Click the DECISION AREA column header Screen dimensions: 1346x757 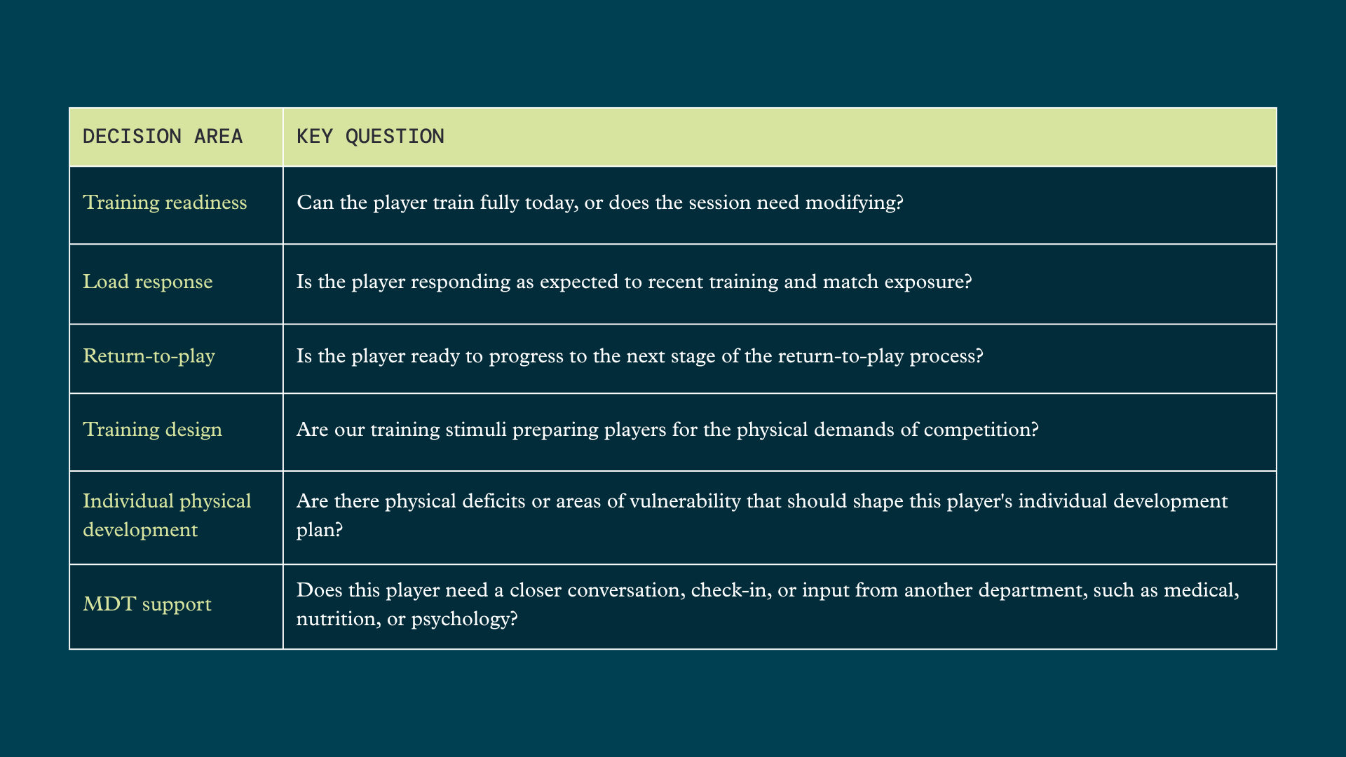click(163, 136)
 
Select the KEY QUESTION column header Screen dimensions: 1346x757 click(370, 136)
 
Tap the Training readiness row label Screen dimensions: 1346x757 click(165, 203)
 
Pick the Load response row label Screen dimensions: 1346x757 click(147, 282)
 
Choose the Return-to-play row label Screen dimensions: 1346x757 click(149, 356)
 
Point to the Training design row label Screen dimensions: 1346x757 click(152, 430)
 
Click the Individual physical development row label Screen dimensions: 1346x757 click(167, 515)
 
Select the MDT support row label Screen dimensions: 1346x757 click(147, 604)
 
